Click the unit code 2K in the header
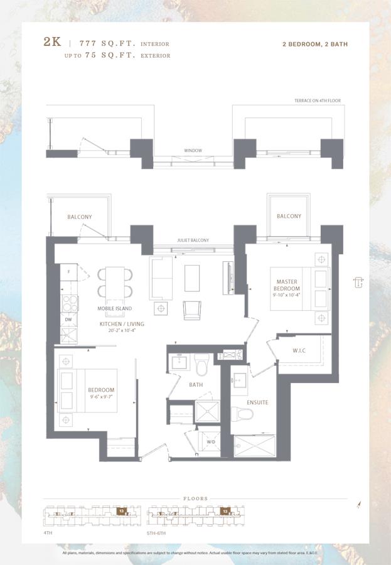coord(52,43)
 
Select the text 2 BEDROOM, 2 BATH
coord(316,45)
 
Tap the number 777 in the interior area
coord(92,44)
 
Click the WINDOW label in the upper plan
coord(193,151)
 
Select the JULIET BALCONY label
coord(193,240)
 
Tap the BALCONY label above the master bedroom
coord(289,217)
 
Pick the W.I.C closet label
coord(299,350)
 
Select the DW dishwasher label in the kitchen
coord(68,320)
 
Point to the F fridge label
coord(68,272)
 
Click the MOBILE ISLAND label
coord(114,309)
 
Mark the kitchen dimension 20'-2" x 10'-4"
coord(122,331)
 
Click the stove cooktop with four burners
coord(69,303)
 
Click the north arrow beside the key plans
coord(358,505)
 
